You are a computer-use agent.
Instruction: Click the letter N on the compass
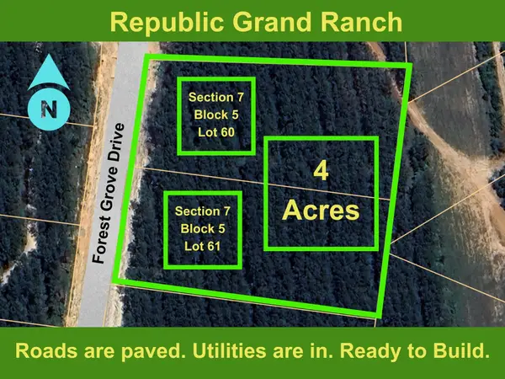click(48, 107)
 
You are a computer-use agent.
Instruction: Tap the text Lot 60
click(215, 131)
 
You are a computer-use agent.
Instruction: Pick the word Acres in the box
click(321, 209)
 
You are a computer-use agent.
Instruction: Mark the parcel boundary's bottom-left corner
click(115, 280)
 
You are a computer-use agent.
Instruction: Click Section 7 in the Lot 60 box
click(215, 96)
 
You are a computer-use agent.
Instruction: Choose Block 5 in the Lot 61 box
click(202, 227)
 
